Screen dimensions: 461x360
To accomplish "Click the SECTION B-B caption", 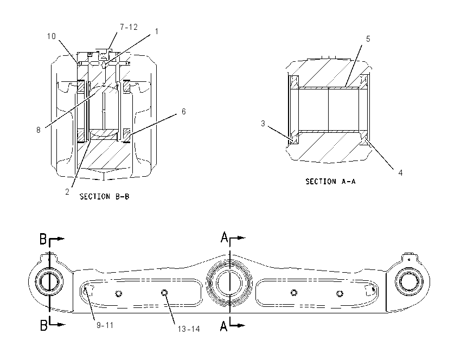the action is [104, 197].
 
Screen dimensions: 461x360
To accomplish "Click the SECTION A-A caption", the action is [330, 182].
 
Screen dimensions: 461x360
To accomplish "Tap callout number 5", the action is [368, 39].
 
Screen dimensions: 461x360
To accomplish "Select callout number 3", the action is [263, 124].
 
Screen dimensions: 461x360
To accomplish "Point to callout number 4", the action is [400, 173].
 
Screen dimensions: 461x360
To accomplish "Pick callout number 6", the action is [183, 111].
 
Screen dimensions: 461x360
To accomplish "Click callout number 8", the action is [38, 130].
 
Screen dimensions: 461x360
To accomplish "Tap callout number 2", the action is [67, 191].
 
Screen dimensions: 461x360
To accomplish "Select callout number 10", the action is [52, 36].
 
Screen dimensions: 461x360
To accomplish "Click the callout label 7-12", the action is [129, 27].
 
